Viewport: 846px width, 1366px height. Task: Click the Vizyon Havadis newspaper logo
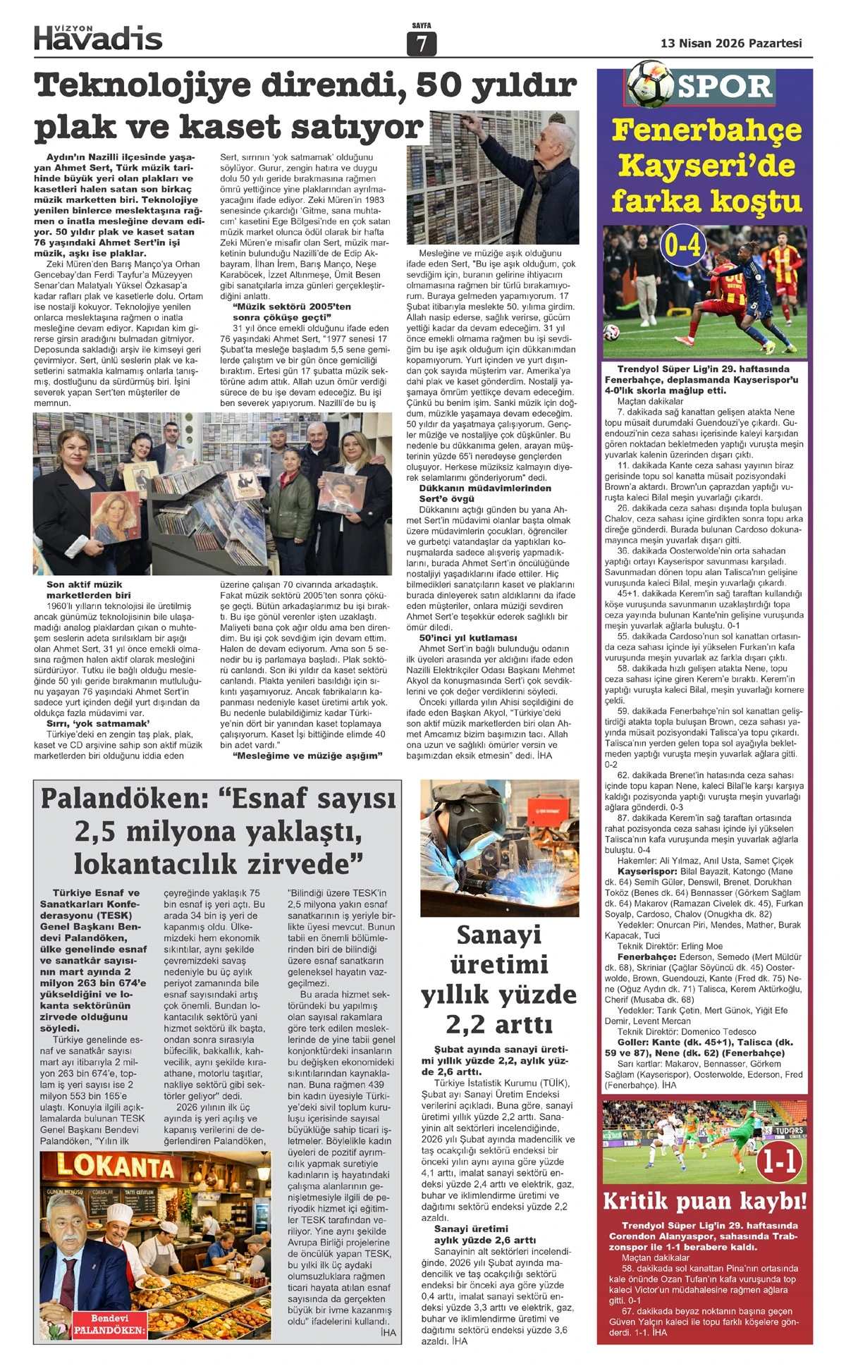point(98,37)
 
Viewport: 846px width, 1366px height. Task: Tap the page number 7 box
point(422,44)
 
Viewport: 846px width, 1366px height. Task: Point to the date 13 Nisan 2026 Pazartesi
point(731,43)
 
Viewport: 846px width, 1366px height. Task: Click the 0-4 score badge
point(682,245)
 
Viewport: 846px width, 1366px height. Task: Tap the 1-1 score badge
point(780,1161)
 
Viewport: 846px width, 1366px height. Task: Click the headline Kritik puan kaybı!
point(704,1201)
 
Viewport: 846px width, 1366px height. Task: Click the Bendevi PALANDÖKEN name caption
point(109,1324)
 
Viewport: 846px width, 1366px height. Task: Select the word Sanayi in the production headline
point(498,935)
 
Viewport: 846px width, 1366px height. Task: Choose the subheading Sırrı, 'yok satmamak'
point(98,723)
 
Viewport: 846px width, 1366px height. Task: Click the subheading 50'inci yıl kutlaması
point(467,638)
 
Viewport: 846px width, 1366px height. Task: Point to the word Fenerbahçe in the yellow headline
point(706,130)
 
